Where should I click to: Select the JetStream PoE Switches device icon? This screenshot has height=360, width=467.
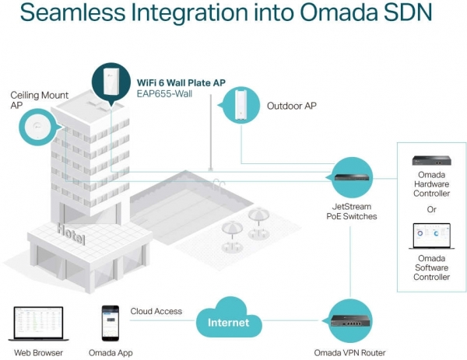coord(352,177)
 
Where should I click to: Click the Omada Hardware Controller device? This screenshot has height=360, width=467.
coord(431,160)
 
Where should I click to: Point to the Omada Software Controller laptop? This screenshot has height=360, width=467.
coord(431,236)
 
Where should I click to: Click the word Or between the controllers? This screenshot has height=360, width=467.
coord(431,209)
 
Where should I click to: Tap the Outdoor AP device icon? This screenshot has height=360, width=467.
coord(241,104)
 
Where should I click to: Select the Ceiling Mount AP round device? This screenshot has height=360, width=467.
coord(37,128)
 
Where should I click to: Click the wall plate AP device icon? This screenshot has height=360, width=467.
coord(111,81)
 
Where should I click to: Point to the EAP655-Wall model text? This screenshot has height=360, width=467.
coord(164,94)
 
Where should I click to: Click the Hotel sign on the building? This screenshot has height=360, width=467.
coord(71,234)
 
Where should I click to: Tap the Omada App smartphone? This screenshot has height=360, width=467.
coord(111,323)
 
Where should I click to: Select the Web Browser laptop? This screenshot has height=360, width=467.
coord(38,323)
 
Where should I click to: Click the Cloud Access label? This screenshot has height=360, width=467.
coord(156,311)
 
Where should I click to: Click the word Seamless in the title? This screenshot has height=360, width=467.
coord(72,12)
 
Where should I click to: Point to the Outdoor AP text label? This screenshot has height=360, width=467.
coord(292,106)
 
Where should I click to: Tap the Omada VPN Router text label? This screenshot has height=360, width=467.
coord(349,353)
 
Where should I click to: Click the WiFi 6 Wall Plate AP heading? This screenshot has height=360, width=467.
coord(181,82)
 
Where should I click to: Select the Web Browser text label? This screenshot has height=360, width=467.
coord(38,353)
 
